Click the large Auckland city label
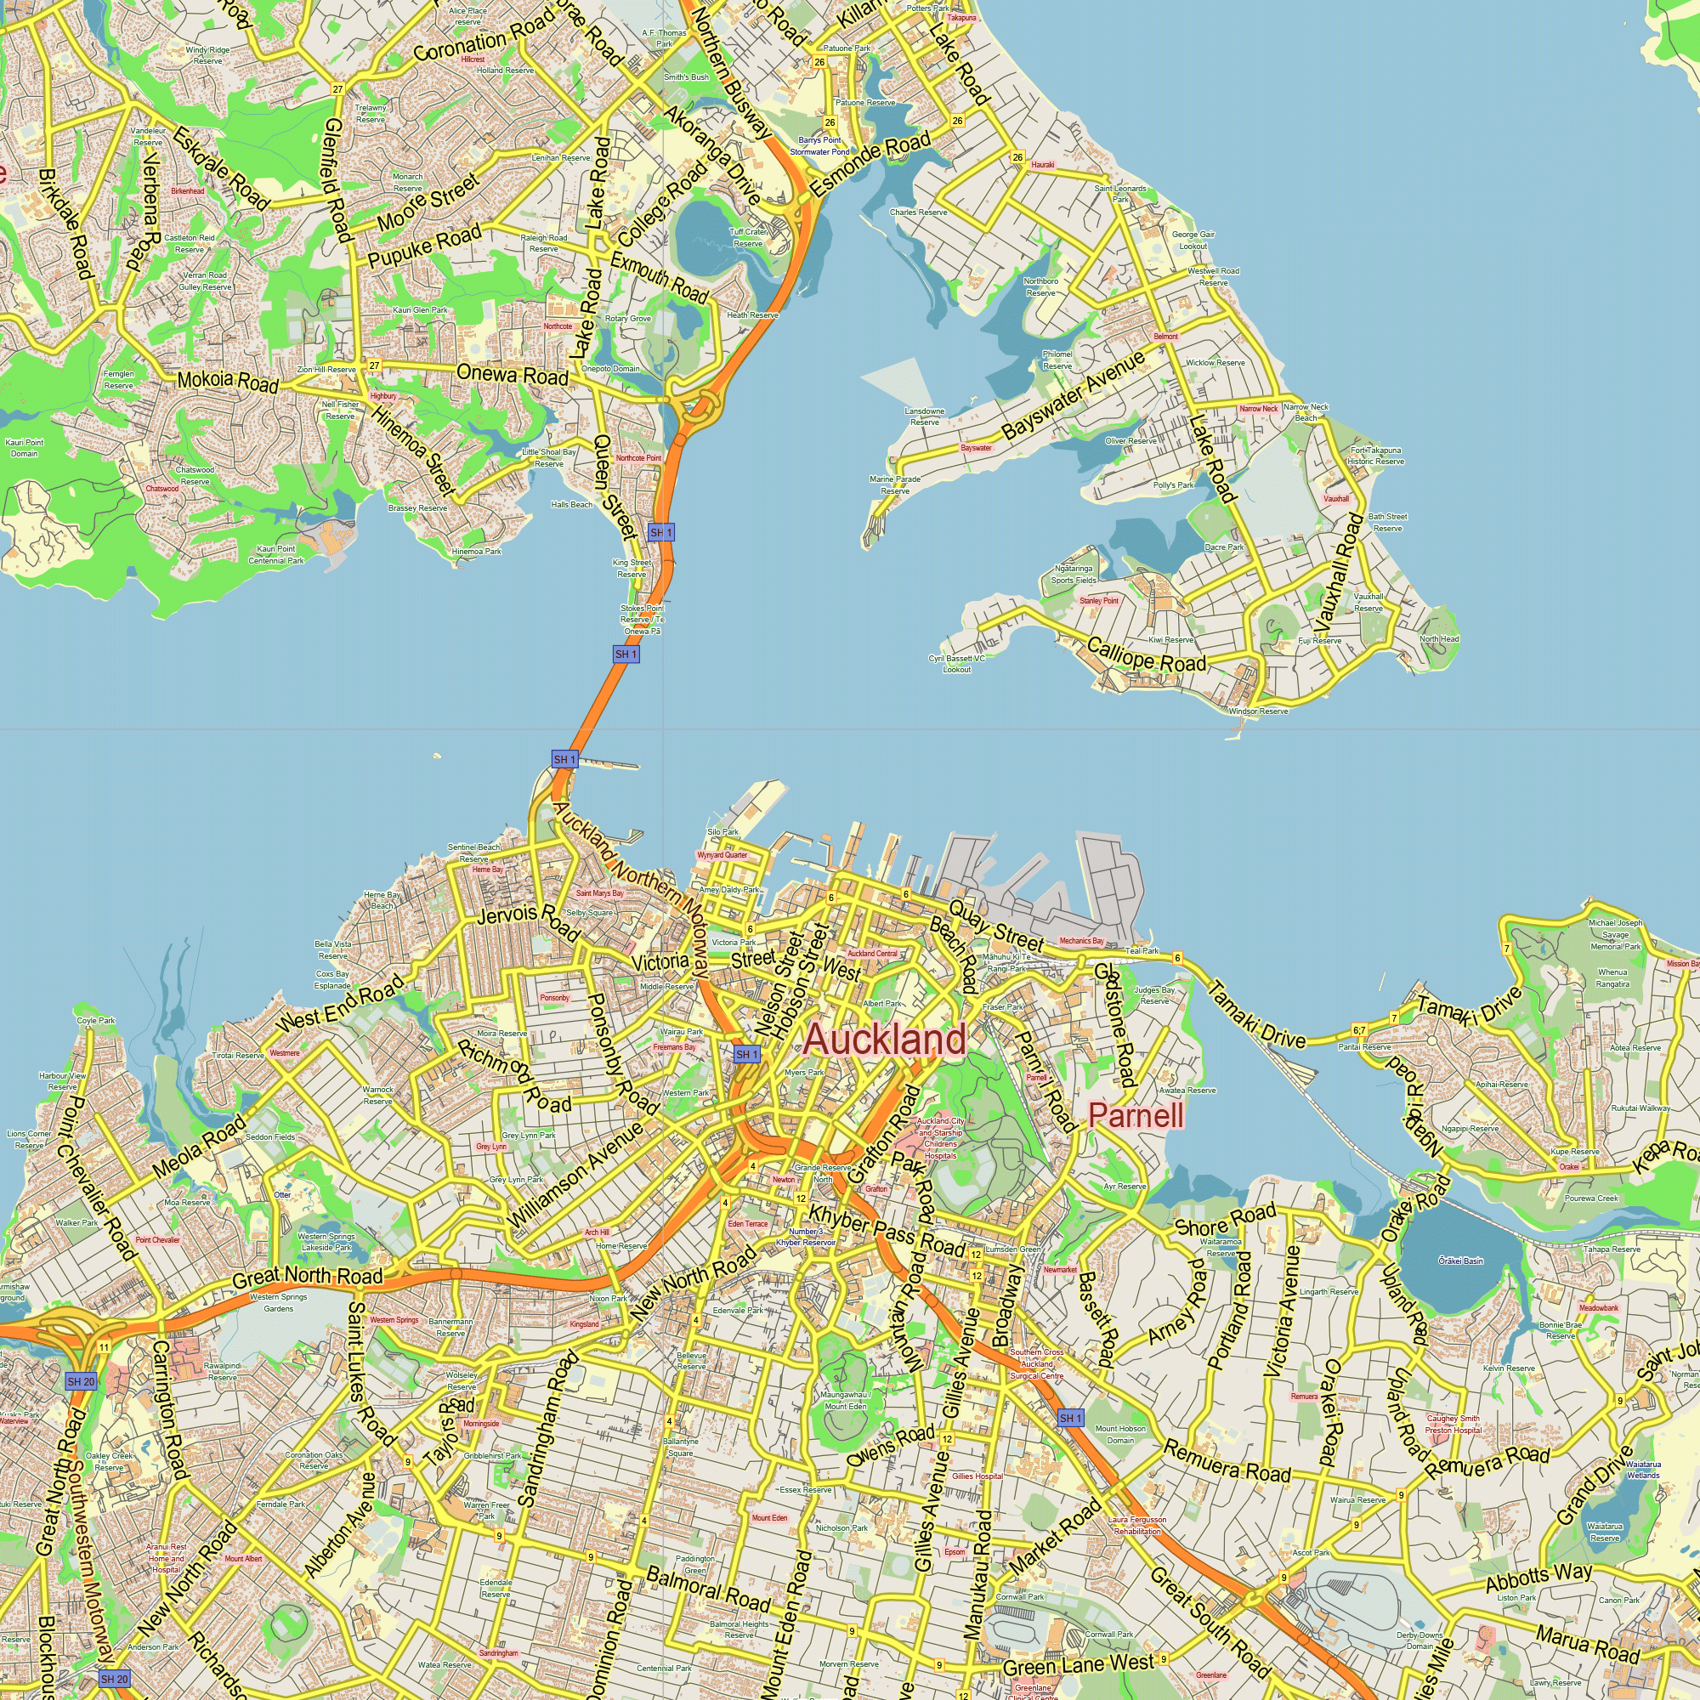[x=884, y=1040]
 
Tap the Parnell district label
[x=1136, y=1116]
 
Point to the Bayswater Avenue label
[x=1074, y=395]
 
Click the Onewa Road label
[x=512, y=375]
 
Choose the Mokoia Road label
[x=227, y=381]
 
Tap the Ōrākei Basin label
[x=1460, y=1261]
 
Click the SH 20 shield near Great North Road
[x=81, y=1381]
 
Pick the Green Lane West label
[x=1078, y=1665]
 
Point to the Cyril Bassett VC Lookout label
[x=956, y=664]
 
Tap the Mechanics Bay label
[x=1081, y=941]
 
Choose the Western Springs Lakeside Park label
[x=326, y=1242]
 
